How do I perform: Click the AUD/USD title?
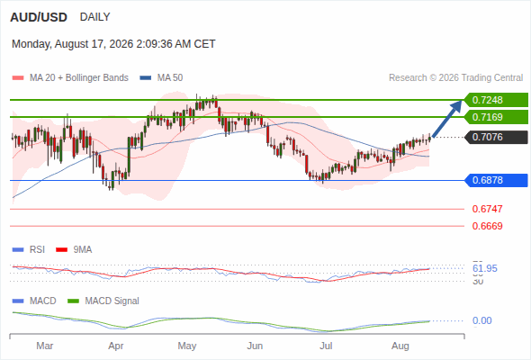click(x=39, y=17)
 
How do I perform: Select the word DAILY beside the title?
click(x=94, y=17)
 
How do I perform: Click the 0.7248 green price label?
click(x=496, y=100)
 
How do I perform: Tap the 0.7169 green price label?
click(x=496, y=117)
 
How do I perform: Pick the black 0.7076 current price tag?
click(x=496, y=137)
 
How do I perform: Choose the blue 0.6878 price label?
click(x=496, y=180)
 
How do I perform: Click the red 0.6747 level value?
click(x=487, y=209)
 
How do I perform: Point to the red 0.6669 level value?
click(x=487, y=226)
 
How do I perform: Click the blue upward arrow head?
click(x=456, y=105)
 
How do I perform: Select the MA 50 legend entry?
click(x=161, y=78)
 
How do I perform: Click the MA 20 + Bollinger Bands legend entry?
click(x=70, y=78)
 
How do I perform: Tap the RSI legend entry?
click(x=29, y=249)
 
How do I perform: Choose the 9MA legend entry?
click(x=74, y=249)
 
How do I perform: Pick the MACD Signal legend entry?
click(x=103, y=301)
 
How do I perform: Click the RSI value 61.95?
click(x=485, y=268)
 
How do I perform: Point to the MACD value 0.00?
click(x=481, y=320)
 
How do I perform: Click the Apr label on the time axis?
click(x=116, y=346)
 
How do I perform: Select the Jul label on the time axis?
click(x=326, y=346)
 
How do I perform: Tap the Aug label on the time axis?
click(x=400, y=346)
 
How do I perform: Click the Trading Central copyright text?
click(x=455, y=78)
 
